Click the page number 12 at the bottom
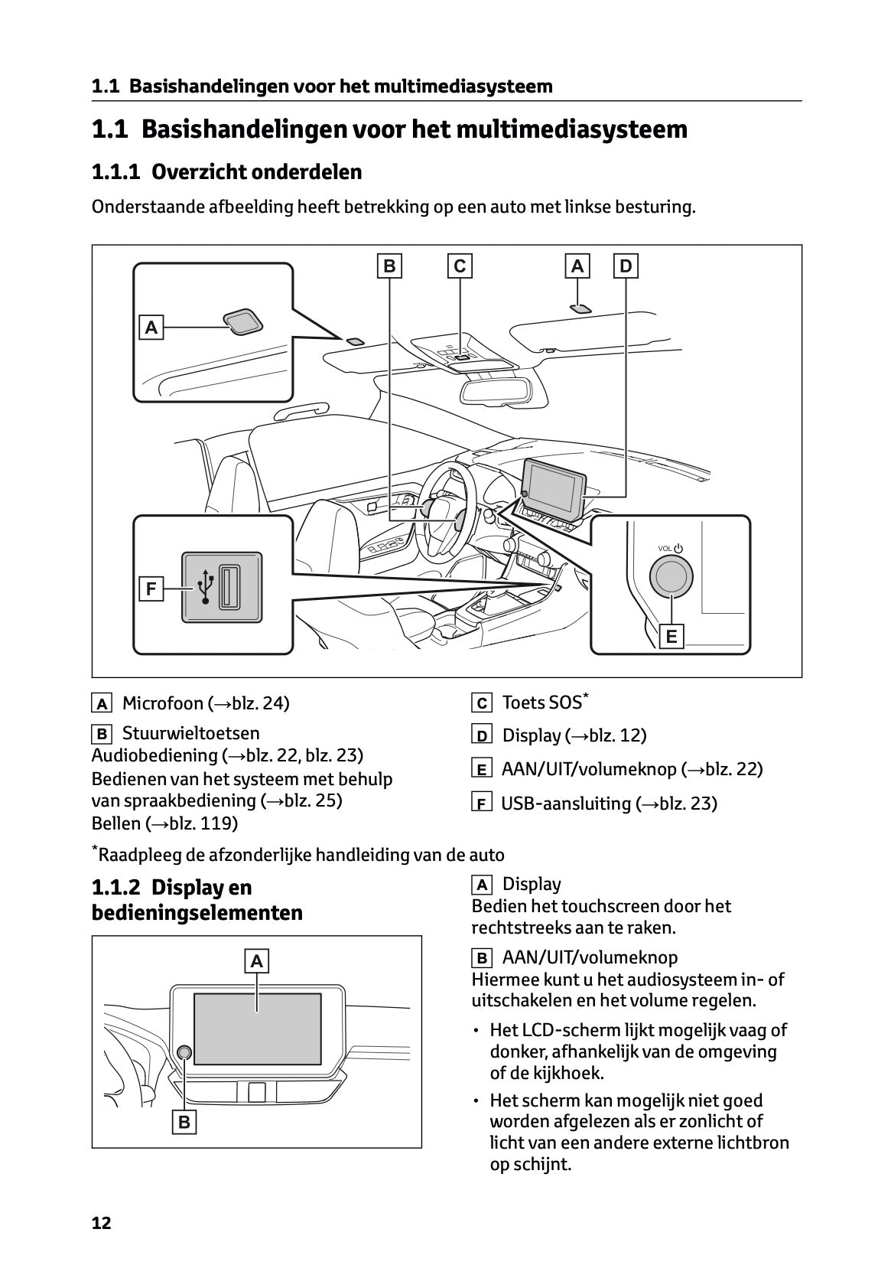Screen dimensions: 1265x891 click(x=101, y=1223)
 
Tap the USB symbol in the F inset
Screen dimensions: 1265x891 click(x=205, y=587)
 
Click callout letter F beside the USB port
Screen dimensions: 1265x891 click(x=151, y=588)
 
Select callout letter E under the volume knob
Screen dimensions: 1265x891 click(x=672, y=636)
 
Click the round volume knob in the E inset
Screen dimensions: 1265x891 click(x=671, y=576)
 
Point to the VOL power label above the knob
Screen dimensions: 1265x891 click(x=669, y=548)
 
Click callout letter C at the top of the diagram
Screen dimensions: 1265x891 click(x=460, y=266)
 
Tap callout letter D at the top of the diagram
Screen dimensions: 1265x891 click(x=626, y=266)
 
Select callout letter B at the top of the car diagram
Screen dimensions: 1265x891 click(x=389, y=266)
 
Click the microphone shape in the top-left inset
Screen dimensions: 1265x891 click(x=242, y=321)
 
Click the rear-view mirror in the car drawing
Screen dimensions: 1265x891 click(x=496, y=389)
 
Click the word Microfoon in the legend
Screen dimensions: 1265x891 click(x=163, y=703)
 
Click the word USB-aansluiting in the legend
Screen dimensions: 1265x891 click(x=566, y=804)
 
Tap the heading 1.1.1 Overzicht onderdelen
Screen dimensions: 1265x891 click(x=226, y=172)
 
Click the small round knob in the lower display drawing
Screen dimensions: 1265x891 click(x=184, y=1051)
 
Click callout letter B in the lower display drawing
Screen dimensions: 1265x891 click(x=184, y=1122)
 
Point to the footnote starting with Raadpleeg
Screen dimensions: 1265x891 click(x=300, y=854)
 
